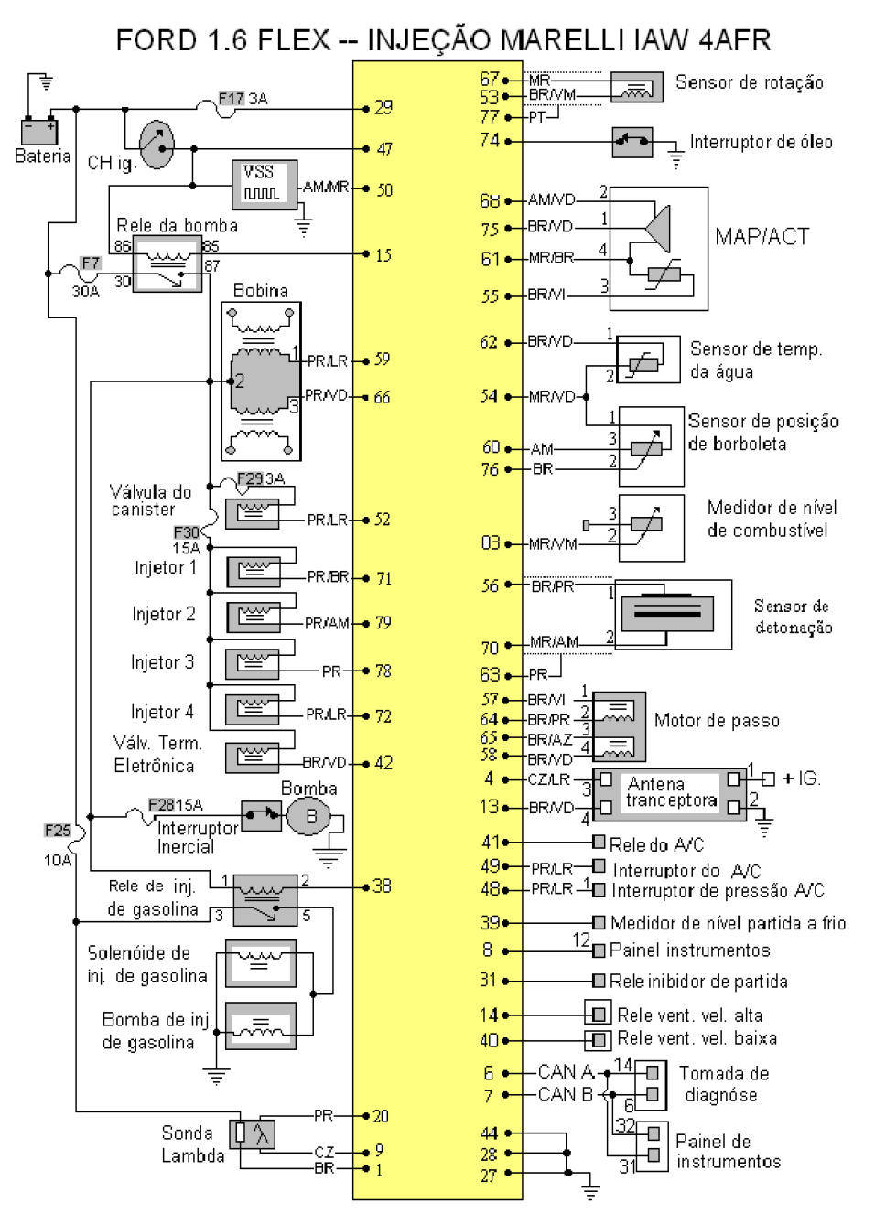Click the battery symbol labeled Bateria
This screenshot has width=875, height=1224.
coord(39,131)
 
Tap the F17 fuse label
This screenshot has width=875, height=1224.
coord(231,99)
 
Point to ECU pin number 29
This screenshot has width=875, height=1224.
coord(383,108)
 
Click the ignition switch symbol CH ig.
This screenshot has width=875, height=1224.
coord(157,144)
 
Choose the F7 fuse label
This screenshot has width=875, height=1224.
coord(90,263)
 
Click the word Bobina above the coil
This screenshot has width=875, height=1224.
coord(260,291)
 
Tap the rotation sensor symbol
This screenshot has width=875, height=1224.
coord(636,87)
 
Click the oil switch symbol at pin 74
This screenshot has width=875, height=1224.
coord(632,142)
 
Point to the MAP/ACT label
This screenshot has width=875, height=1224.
coord(762,237)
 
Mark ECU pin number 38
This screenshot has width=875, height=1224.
coord(382,886)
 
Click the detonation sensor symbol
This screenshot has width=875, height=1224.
coord(673,614)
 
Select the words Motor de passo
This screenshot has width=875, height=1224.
coord(717,721)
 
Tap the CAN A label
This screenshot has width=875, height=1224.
coord(566,1071)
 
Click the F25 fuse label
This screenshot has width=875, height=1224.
coord(57,831)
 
